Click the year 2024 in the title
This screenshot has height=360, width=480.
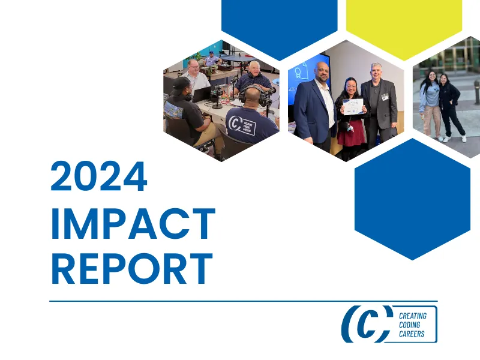(99, 178)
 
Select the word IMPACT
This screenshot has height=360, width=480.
(133, 223)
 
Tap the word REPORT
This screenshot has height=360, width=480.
(131, 268)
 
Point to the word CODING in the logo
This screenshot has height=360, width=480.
(410, 325)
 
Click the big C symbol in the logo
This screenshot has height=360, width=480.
(367, 324)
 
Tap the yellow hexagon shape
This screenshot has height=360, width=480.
(404, 24)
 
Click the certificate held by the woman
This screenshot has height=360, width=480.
(353, 106)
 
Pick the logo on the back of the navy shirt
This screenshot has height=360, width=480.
(241, 125)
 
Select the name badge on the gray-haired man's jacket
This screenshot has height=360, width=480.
(385, 96)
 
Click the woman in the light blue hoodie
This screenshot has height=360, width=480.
(430, 102)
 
